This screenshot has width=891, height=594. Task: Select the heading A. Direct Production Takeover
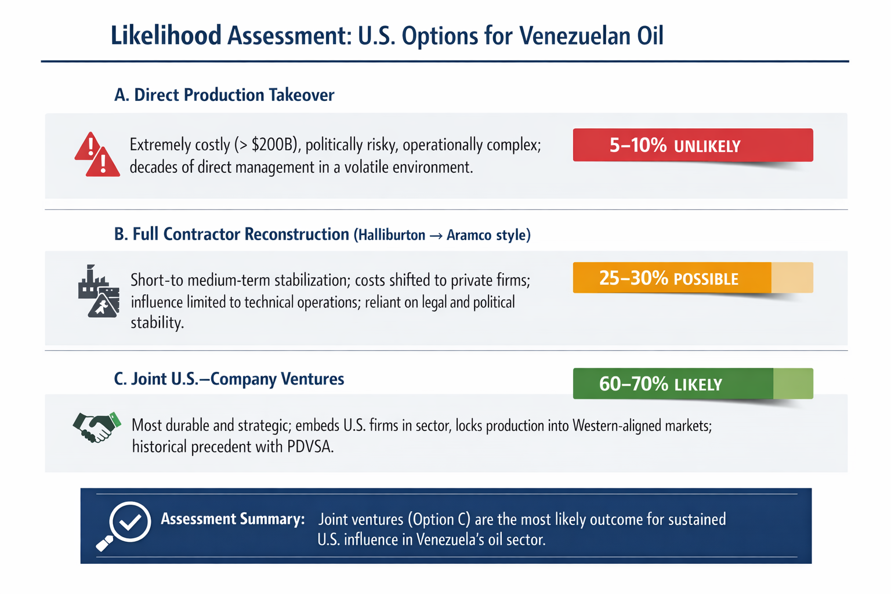tap(224, 95)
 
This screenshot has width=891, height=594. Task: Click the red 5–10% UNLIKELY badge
tap(692, 145)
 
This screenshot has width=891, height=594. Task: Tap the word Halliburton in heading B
tap(392, 235)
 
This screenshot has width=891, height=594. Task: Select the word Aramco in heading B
tap(466, 235)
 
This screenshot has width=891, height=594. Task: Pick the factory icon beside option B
tap(98, 291)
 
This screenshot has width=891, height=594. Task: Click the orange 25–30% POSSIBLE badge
tap(692, 278)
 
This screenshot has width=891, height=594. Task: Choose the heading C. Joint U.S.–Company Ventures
tap(229, 379)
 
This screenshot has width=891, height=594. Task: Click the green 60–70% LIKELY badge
tap(692, 383)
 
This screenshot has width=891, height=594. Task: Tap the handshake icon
tap(97, 428)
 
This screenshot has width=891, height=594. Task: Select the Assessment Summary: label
tap(233, 519)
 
